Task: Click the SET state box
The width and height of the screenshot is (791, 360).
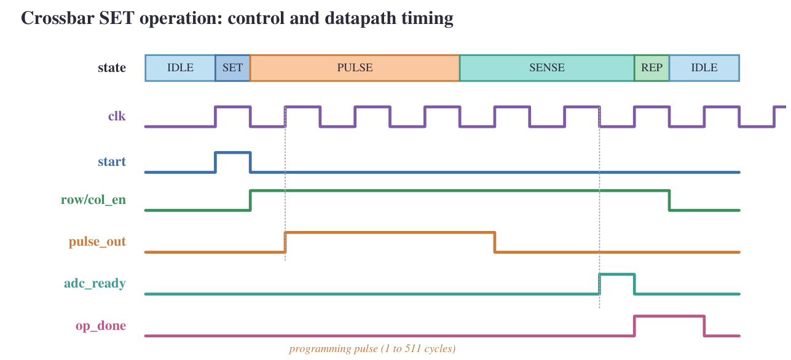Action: (x=233, y=68)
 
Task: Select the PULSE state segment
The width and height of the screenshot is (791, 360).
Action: (x=355, y=68)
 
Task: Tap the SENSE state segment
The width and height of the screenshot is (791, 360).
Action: (x=547, y=68)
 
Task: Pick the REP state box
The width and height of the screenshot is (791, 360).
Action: (x=652, y=68)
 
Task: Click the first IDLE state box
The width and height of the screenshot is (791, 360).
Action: (x=180, y=68)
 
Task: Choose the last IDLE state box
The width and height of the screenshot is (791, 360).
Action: (x=704, y=68)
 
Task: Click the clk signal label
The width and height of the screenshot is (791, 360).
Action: (x=117, y=115)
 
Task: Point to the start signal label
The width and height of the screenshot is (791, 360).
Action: (x=112, y=162)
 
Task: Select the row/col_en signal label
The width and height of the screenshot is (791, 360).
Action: (x=93, y=200)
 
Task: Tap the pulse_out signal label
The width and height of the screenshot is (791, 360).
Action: (x=97, y=242)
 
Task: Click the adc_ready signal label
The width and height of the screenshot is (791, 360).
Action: (x=95, y=283)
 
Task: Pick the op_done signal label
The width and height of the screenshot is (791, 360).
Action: (x=101, y=326)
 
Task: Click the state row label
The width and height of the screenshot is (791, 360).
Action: (x=112, y=68)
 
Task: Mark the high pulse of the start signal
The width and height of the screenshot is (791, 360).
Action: (x=233, y=152)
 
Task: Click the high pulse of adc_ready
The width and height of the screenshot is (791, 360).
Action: (x=617, y=274)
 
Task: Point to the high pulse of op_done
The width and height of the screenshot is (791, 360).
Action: (x=669, y=316)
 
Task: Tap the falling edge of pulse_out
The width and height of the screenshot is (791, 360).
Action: (x=495, y=242)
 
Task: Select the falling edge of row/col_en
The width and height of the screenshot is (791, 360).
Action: (x=669, y=200)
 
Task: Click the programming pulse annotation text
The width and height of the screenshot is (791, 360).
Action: (x=372, y=349)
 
